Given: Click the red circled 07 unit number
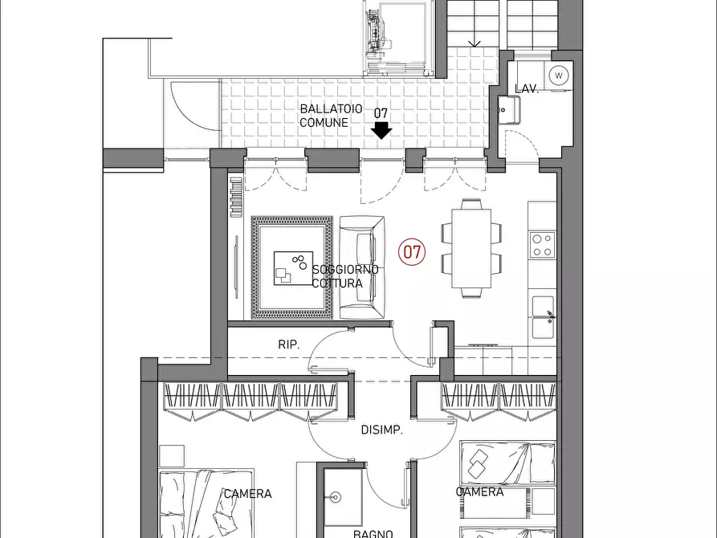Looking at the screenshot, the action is click(x=412, y=252).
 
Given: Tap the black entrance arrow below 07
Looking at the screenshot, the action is click(x=381, y=130).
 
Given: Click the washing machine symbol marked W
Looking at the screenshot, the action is click(x=558, y=75).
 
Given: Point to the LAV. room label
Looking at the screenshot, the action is click(x=527, y=89).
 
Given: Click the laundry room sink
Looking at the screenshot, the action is click(x=509, y=110).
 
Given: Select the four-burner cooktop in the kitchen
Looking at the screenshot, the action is click(x=542, y=245).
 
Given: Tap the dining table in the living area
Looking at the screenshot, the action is click(x=471, y=248).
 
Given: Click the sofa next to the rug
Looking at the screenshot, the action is click(x=361, y=267).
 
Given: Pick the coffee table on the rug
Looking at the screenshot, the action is click(x=293, y=268).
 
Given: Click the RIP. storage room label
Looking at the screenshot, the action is click(x=288, y=344).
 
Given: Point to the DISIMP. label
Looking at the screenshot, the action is click(x=382, y=430).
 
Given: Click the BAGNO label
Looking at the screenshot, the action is click(x=373, y=533).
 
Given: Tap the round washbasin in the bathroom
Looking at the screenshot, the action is click(x=336, y=497).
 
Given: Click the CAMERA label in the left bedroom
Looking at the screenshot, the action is click(x=247, y=494).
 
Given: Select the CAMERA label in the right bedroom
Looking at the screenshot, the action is click(x=479, y=491).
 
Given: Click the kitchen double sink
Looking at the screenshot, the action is click(x=544, y=317).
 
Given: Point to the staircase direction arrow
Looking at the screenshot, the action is click(x=475, y=44).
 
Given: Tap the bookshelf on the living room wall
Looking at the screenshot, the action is click(x=235, y=198).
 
